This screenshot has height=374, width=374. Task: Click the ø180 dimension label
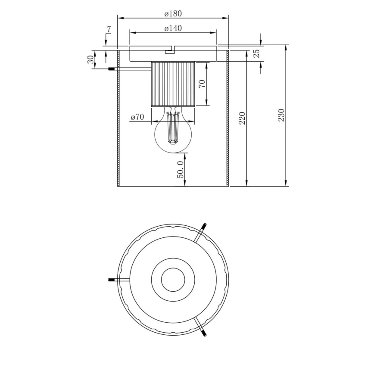(173, 13)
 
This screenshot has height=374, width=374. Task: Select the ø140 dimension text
(173, 28)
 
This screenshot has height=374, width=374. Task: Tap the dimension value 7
(109, 30)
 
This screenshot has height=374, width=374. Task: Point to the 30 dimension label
(91, 60)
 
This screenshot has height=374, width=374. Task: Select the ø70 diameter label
(137, 117)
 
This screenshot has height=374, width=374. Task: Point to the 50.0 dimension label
(181, 168)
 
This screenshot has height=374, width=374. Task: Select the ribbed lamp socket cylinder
(173, 84)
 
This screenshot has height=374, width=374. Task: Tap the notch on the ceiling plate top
(170, 51)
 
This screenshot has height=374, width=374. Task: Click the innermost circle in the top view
(173, 279)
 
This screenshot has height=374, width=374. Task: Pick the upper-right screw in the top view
(203, 227)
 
